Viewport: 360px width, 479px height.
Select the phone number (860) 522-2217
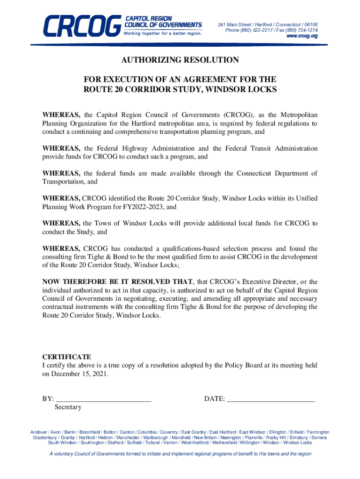point(257,30)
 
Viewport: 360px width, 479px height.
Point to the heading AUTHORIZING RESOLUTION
point(180,60)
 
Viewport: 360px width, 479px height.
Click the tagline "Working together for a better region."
point(163,34)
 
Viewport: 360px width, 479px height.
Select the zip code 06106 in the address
point(309,24)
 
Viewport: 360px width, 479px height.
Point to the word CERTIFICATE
point(67,357)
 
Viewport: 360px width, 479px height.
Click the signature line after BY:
point(103,399)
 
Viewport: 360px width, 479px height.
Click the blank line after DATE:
point(271,399)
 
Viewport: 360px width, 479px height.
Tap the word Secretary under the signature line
point(68,407)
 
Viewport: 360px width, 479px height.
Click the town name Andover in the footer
point(38,432)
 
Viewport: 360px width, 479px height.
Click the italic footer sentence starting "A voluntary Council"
point(180,454)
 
